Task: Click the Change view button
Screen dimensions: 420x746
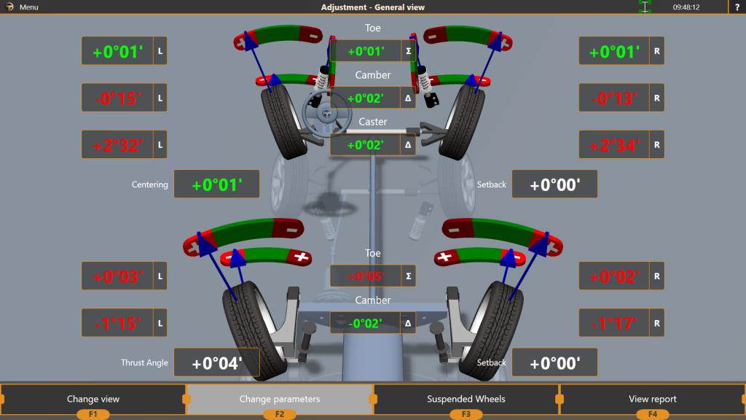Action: click(x=93, y=399)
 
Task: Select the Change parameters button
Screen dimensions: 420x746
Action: click(x=280, y=399)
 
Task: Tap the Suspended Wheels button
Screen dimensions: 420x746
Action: click(x=466, y=399)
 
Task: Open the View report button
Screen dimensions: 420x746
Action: click(x=653, y=399)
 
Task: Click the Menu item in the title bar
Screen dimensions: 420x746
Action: click(x=28, y=7)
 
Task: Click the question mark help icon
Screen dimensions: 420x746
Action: click(x=737, y=7)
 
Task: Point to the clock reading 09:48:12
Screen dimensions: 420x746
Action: click(x=686, y=7)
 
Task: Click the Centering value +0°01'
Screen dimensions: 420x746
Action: click(x=216, y=184)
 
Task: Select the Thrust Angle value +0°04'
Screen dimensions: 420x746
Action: click(x=216, y=362)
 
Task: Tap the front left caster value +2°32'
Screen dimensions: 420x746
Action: click(x=117, y=144)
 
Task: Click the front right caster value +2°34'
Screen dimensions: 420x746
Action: click(x=614, y=144)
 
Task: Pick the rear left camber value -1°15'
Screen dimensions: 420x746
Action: click(x=117, y=322)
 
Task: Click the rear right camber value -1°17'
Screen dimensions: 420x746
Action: click(x=614, y=322)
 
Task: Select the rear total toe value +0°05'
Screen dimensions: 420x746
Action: click(x=365, y=276)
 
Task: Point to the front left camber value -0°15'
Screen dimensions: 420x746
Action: click(x=117, y=98)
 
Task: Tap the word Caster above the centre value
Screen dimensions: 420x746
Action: click(x=373, y=122)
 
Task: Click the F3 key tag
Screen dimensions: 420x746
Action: click(x=466, y=414)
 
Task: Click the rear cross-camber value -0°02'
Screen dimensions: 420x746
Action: click(x=365, y=323)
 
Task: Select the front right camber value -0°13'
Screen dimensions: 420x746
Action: click(x=614, y=98)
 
